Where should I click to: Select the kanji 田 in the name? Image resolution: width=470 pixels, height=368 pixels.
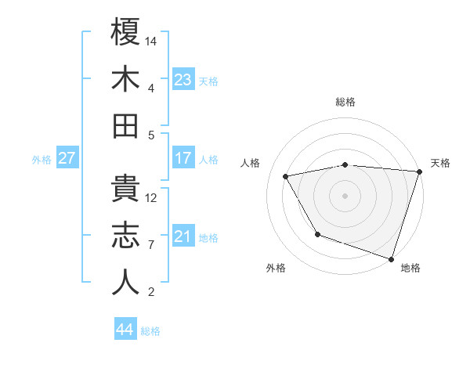point(125,125)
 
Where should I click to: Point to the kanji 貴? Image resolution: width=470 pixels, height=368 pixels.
point(125,188)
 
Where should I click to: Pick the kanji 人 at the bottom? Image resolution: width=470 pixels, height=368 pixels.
point(125,282)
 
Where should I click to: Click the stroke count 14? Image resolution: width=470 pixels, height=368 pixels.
point(152,41)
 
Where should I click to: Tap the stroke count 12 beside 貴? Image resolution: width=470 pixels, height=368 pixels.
point(152,197)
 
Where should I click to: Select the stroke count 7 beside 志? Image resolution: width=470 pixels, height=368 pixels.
point(150,245)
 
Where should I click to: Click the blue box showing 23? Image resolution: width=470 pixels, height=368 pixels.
point(183,80)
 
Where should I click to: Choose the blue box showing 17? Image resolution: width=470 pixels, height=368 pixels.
point(183,158)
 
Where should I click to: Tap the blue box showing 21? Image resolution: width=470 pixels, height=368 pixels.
point(183,236)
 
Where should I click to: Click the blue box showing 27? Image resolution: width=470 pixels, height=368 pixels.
point(67,158)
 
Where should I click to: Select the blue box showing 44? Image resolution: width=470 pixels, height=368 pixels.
point(125,330)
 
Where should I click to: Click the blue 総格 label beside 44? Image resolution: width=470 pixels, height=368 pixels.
point(150,331)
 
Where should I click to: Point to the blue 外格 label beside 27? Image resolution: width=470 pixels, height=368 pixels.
point(42,160)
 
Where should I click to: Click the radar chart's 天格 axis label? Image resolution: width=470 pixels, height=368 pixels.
point(440,163)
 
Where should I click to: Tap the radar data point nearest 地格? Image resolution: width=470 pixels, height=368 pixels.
point(390,258)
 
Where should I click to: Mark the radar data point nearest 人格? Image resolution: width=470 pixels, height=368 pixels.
point(286,177)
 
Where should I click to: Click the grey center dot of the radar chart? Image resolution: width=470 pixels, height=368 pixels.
point(345,194)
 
